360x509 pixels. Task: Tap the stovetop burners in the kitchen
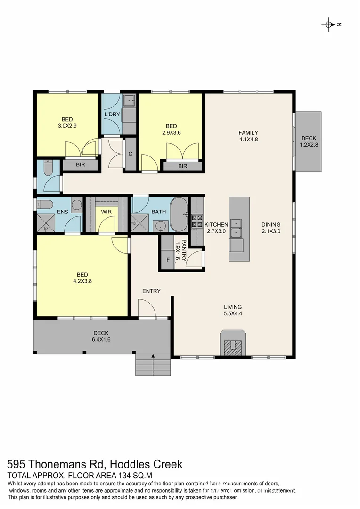[196, 222]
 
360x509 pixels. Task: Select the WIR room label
[106, 212]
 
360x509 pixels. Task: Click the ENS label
[63, 212]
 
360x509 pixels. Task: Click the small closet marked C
[131, 154]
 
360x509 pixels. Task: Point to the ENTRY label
[152, 291]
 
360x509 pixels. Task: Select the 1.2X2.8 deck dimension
[309, 145]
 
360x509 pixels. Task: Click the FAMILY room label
[248, 133]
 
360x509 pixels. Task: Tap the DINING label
[271, 225]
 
